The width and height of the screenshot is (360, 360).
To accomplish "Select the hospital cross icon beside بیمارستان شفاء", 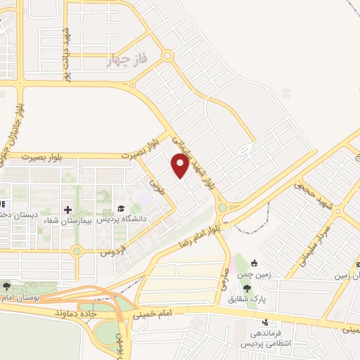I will click(x=68, y=210).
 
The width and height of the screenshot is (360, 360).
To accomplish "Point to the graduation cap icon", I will click(x=121, y=209).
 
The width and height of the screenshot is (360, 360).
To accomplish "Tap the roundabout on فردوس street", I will click(x=77, y=251).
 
